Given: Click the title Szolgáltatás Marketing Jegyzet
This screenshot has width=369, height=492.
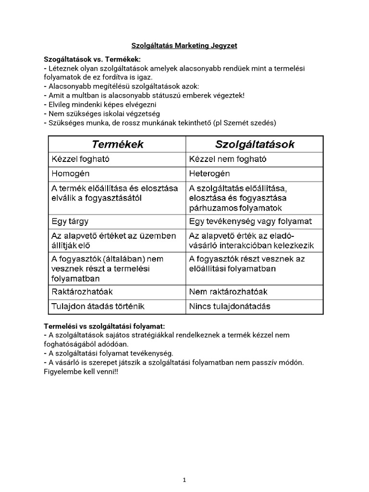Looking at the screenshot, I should point(184,46).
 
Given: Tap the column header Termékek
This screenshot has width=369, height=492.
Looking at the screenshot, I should point(118,145).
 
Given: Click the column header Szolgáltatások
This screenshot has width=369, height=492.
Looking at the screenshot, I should point(255,145).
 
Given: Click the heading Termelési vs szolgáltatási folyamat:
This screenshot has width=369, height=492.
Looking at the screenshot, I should point(107,326).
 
